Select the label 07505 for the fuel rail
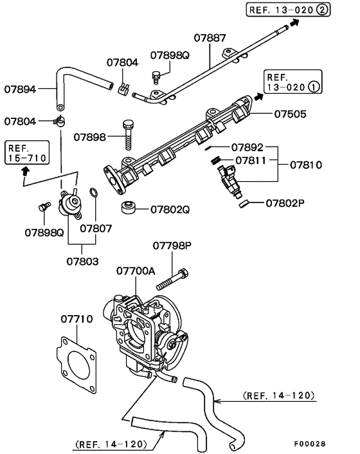pos(291,114)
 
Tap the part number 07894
pos(21,89)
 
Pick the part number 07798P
pos(172,246)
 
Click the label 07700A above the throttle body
pos(136,271)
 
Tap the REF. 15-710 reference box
pos(26,152)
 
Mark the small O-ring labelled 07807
pos(94,193)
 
